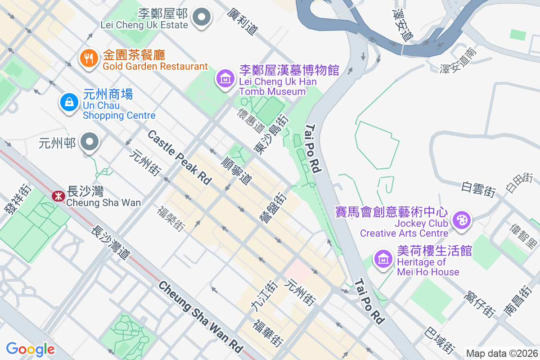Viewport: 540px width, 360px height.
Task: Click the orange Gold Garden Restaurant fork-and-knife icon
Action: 89,58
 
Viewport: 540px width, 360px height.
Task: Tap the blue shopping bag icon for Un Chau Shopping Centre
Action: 69,103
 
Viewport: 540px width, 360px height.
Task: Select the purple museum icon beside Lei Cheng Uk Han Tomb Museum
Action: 225,79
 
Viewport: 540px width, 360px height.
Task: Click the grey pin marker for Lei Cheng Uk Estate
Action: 202,18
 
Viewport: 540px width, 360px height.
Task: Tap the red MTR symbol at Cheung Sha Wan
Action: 57,196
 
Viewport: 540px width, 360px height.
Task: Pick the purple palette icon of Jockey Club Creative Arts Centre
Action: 462,220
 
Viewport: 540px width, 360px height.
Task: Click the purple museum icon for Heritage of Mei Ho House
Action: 383,259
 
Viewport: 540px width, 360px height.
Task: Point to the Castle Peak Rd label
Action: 179,157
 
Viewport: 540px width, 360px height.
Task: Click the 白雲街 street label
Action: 478,189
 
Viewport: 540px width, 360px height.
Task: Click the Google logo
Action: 30,349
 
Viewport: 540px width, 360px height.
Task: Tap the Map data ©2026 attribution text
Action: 501,353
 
